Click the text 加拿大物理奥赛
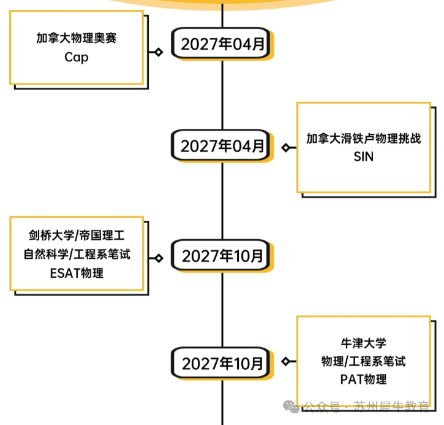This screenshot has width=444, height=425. click(76, 38)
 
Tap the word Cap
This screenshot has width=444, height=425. click(76, 58)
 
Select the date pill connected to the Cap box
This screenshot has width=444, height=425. click(222, 44)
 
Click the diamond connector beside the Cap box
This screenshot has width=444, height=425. click(159, 52)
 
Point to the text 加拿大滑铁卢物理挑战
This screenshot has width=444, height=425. click(363, 138)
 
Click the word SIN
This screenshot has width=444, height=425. click(363, 157)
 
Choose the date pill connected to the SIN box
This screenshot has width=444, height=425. click(222, 146)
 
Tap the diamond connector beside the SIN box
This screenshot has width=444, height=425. click(285, 148)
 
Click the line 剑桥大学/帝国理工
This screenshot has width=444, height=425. click(76, 235)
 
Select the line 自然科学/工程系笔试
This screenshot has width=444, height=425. click(76, 254)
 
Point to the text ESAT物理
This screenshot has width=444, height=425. click(76, 273)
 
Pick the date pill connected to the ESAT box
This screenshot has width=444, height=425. click(222, 256)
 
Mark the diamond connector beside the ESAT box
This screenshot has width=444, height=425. click(159, 258)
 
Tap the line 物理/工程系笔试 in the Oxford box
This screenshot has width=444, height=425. click(363, 361)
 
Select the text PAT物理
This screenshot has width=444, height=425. click(363, 380)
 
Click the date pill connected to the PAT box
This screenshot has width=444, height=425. click(222, 363)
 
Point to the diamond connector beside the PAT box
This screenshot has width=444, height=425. click(285, 361)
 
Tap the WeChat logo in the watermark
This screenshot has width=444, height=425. click(292, 407)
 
